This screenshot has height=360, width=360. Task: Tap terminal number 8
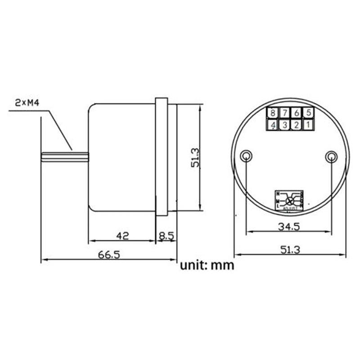click(273, 112)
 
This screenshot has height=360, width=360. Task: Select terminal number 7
click(285, 112)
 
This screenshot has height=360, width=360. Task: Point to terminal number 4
click(273, 125)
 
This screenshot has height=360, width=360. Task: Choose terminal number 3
click(285, 125)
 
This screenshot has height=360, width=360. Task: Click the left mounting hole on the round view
click(246, 156)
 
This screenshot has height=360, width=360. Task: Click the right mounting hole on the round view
click(331, 156)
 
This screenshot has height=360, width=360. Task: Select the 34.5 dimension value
click(288, 227)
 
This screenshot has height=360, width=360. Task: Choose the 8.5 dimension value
click(166, 234)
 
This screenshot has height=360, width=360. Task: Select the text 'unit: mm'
click(207, 265)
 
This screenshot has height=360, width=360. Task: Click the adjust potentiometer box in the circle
click(288, 200)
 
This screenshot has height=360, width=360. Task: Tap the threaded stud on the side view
click(65, 157)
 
